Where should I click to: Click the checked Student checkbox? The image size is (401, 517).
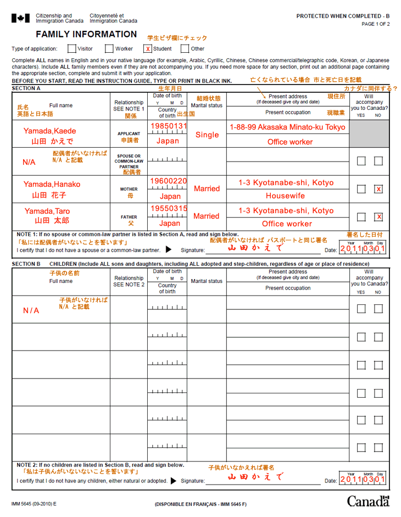pos(148,48)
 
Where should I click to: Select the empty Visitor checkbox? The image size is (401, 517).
pos(71,48)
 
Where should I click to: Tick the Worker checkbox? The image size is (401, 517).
pos(109,48)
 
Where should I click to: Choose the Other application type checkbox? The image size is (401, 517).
pos(185,48)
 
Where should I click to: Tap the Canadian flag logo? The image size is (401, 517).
pos(21,19)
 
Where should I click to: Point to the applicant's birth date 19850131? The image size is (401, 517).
pos(169,126)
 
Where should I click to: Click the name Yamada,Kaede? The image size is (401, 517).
pos(49,131)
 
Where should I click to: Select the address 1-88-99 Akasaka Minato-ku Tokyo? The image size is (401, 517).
pos(287,127)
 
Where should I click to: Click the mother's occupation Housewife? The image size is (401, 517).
pos(285,196)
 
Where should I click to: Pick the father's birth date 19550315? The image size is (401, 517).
pos(169,209)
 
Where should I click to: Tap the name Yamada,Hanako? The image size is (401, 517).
pos(52,184)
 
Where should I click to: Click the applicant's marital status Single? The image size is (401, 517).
pos(207,135)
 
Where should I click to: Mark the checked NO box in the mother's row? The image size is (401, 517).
pos(378,189)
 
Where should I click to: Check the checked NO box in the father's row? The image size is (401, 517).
pos(378,216)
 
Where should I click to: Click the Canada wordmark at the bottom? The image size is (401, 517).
pos(367,501)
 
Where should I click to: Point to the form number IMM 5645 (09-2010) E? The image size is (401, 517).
pos(34,504)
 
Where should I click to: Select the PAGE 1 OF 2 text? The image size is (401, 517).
pos(375,24)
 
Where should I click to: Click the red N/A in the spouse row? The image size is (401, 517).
pos(29,163)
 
